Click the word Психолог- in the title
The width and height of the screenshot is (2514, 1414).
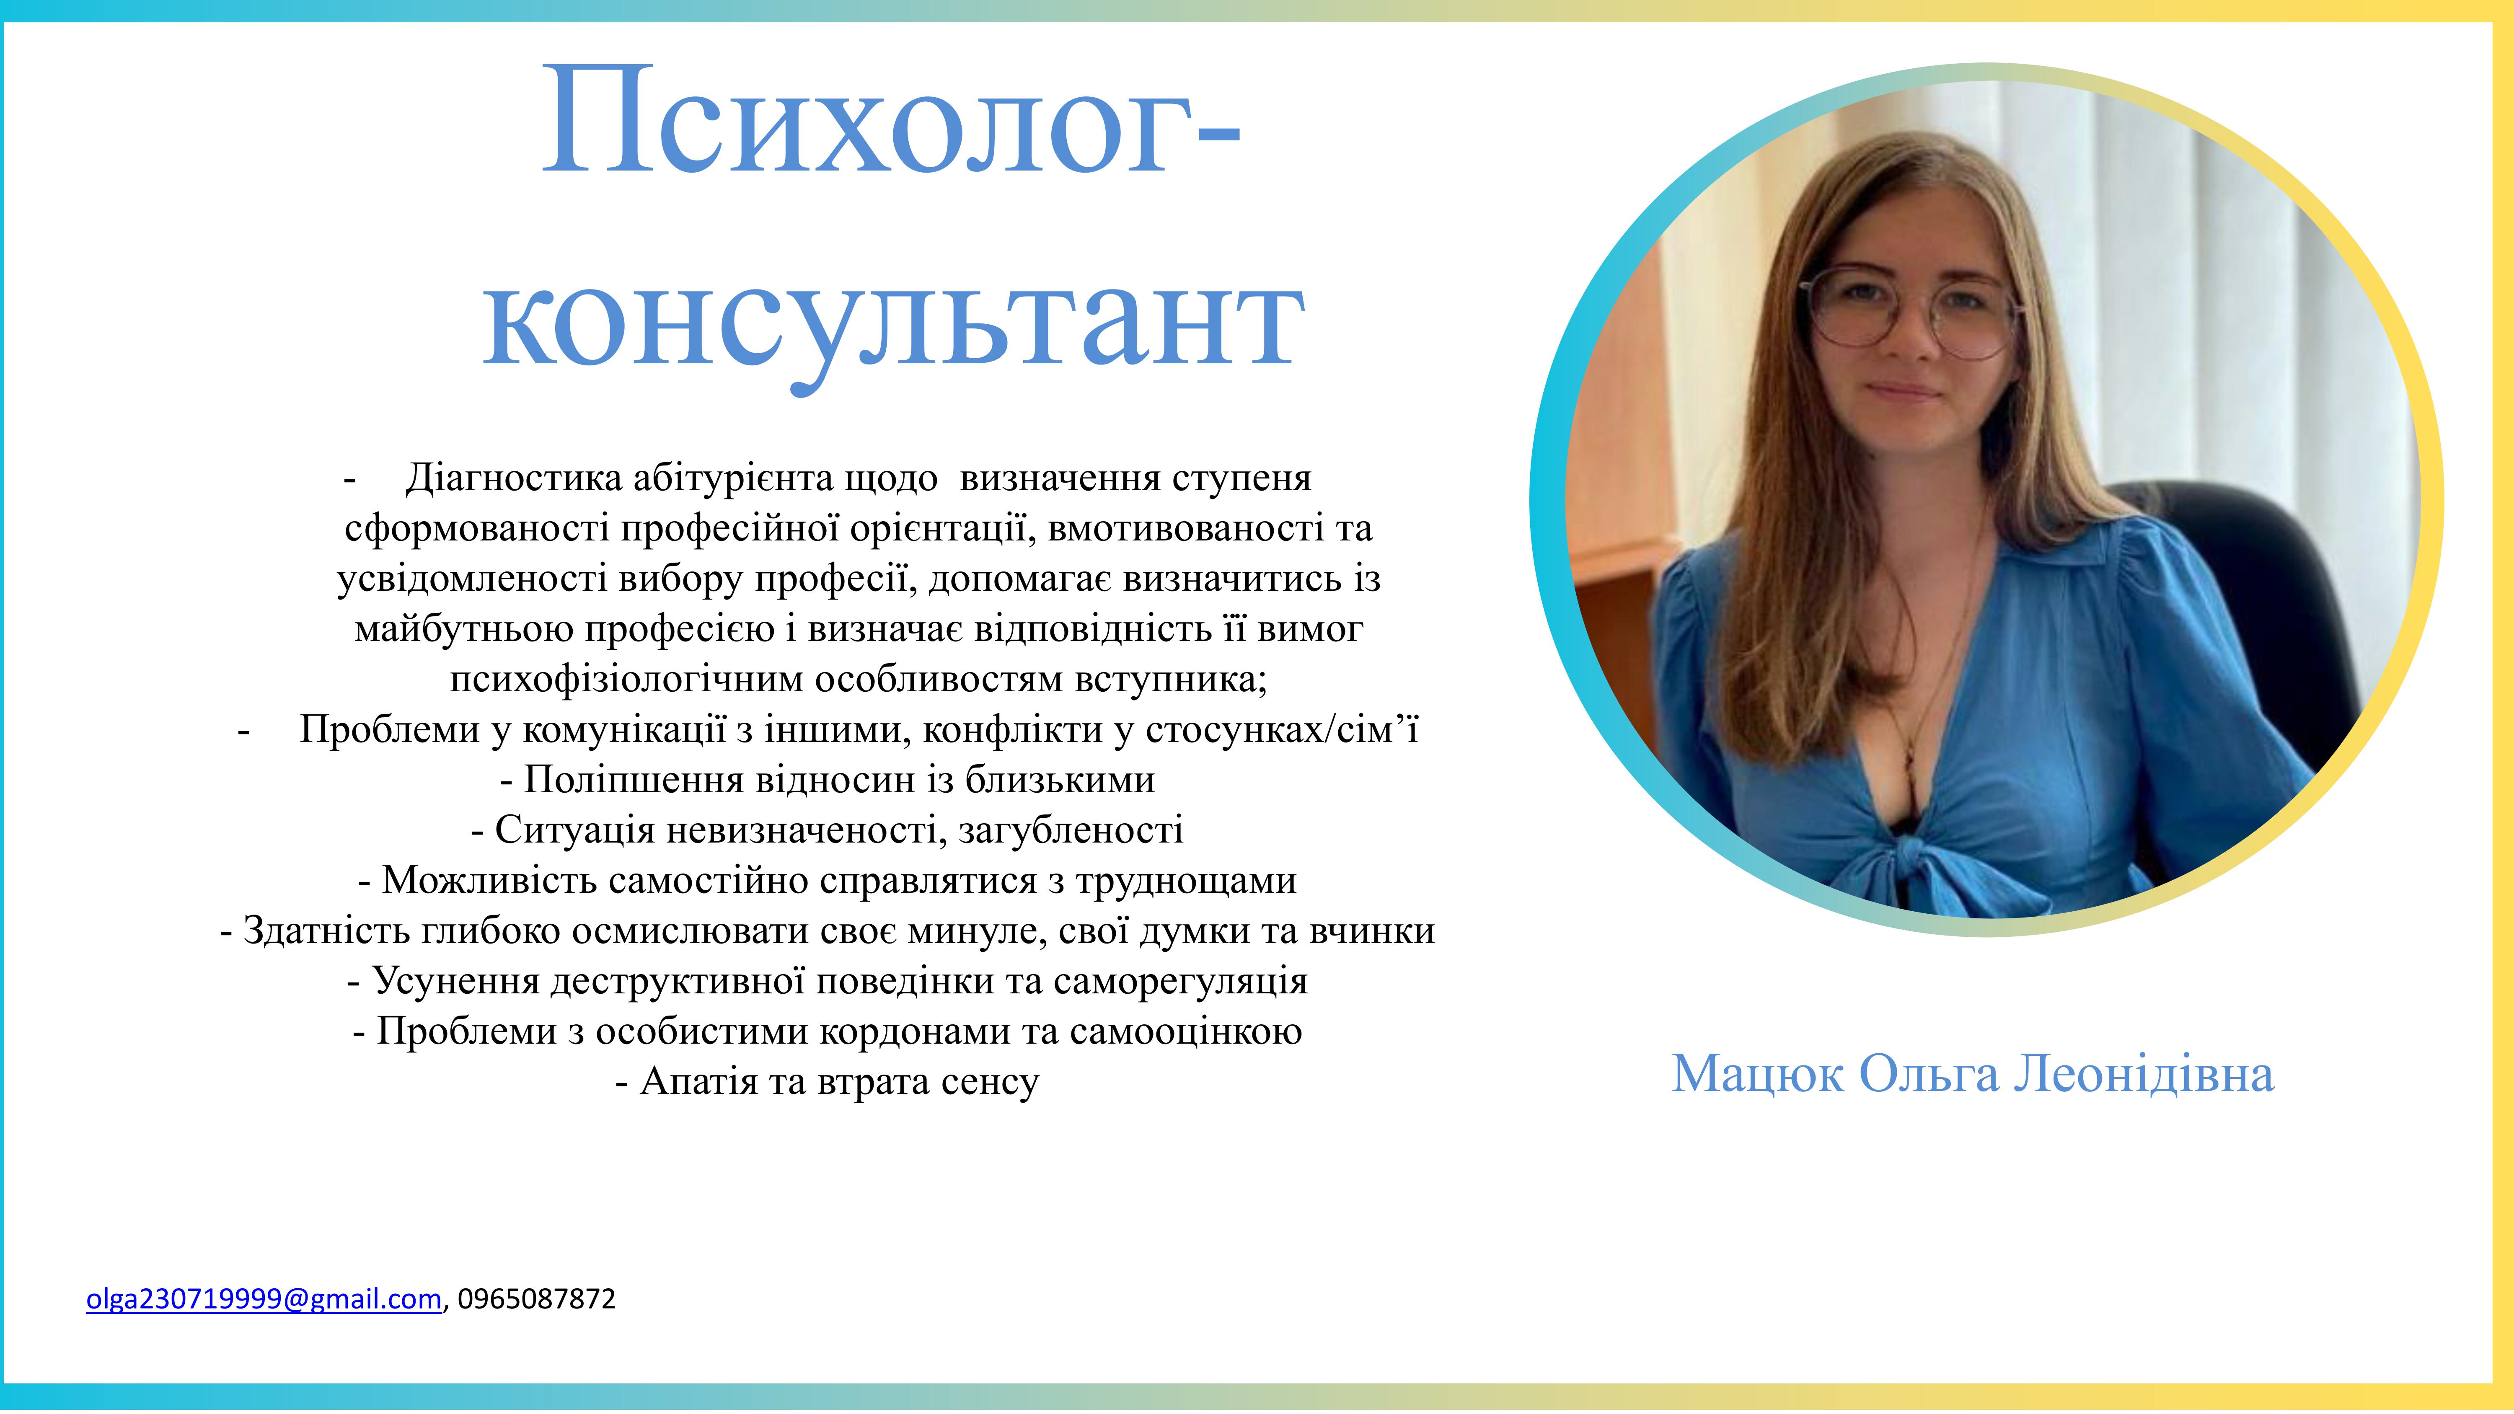[891, 122]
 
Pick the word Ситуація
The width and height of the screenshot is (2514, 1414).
[575, 830]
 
